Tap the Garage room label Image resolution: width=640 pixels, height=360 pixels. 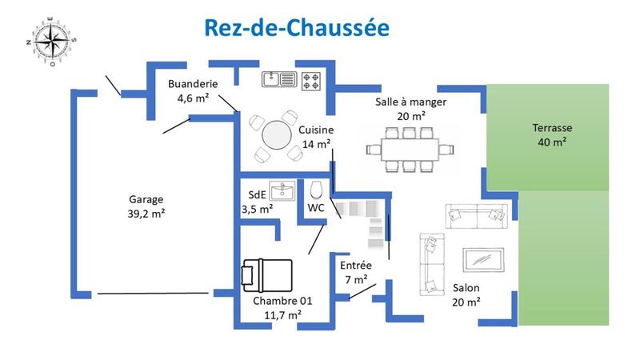(x=146, y=199)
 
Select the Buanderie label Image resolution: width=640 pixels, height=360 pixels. (x=190, y=85)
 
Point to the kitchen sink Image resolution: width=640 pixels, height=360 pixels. (x=279, y=78)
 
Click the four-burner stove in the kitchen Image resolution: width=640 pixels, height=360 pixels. (x=310, y=78)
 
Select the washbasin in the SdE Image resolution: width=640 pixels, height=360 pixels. (x=282, y=191)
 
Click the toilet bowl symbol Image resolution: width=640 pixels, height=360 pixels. (x=315, y=190)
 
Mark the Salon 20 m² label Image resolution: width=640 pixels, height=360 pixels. (x=466, y=294)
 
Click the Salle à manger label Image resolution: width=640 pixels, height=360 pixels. (x=411, y=102)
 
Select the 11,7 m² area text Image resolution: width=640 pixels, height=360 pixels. (x=282, y=315)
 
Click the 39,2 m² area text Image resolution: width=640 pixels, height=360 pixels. (x=146, y=214)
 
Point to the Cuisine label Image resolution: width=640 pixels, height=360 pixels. (x=316, y=130)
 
